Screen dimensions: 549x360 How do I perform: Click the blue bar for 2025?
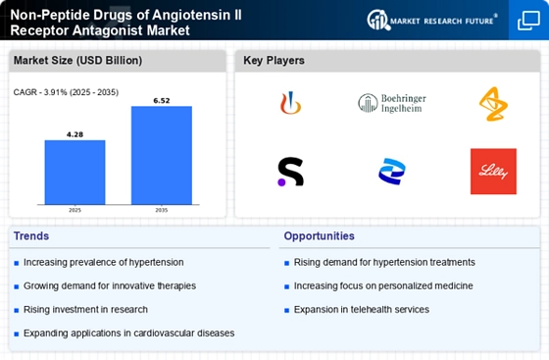[75, 173]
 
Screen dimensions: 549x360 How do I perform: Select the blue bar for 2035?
[162, 155]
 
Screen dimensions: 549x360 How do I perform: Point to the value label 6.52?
[162, 101]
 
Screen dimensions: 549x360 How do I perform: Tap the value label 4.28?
[75, 134]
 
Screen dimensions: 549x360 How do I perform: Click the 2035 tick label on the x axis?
[162, 210]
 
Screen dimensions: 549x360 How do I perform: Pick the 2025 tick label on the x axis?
[75, 210]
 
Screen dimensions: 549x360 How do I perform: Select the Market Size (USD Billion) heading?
[77, 61]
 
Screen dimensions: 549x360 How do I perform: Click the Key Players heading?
[274, 61]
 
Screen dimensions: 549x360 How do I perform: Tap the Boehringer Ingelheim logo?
[392, 103]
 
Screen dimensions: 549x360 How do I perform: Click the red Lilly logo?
[493, 172]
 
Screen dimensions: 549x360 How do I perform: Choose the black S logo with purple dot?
[290, 172]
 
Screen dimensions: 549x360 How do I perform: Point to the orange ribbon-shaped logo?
[493, 104]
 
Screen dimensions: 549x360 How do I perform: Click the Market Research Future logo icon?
[378, 20]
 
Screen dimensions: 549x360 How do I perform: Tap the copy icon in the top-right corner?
[528, 21]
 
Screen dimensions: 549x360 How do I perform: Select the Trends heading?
[31, 236]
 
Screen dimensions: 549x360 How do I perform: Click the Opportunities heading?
[319, 236]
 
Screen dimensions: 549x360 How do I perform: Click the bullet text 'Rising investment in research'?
[85, 310]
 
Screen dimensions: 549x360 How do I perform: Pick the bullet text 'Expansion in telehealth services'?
[362, 310]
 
